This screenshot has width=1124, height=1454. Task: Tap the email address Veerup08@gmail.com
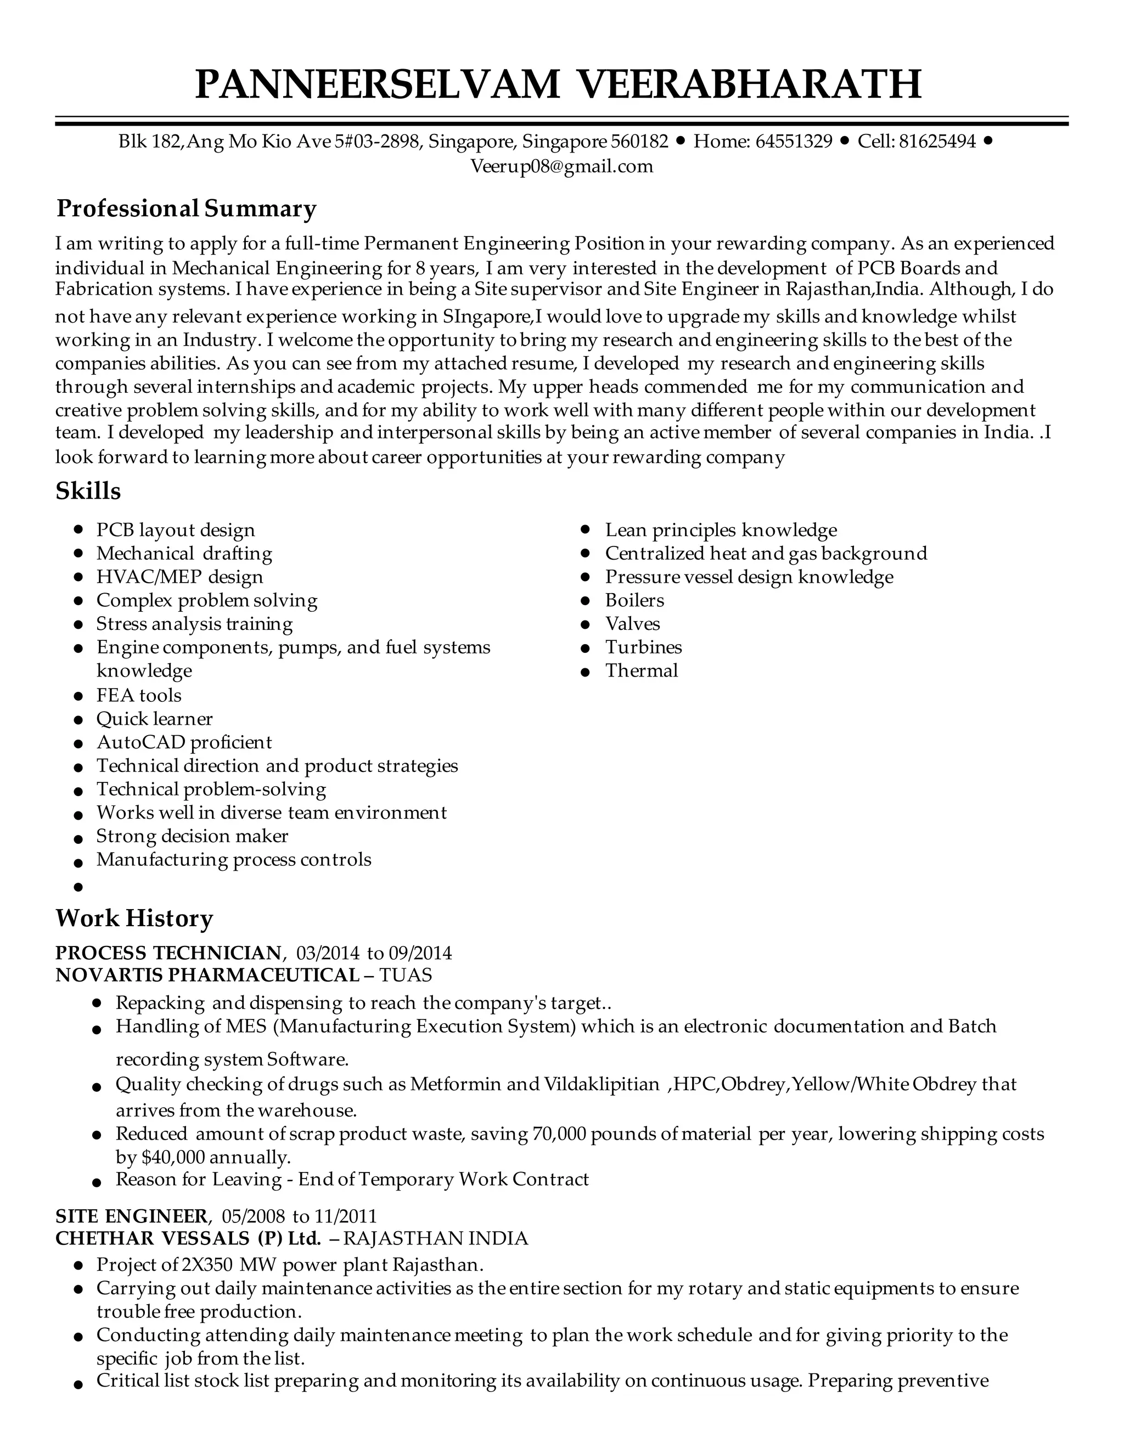[x=561, y=166]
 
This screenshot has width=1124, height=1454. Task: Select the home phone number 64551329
[x=794, y=141]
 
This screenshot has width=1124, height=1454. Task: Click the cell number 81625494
[x=937, y=141]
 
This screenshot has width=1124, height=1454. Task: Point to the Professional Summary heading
[x=187, y=208]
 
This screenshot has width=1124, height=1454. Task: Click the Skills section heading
[x=88, y=491]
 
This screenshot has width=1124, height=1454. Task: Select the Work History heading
[x=134, y=918]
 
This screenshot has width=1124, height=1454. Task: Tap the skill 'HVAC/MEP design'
[x=180, y=577]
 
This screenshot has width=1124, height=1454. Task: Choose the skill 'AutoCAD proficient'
[x=184, y=742]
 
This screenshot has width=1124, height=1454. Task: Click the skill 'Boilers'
[x=634, y=600]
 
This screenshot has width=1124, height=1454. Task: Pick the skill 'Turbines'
[x=643, y=647]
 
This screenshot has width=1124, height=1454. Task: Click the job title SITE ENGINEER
[x=132, y=1216]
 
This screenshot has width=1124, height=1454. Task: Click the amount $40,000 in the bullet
[x=173, y=1157]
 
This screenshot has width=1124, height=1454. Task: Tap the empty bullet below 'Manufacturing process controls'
[x=78, y=887]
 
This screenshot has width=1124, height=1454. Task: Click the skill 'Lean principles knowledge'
[x=721, y=530]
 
